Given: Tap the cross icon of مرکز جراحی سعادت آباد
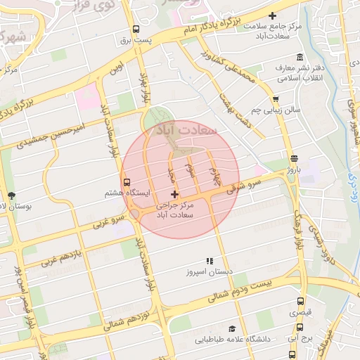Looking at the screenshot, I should tap(175, 193).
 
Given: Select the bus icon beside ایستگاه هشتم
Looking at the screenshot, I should tap(126, 181).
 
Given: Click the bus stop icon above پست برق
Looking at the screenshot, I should tap(136, 30).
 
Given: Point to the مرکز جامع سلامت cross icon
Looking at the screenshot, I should tap(273, 15).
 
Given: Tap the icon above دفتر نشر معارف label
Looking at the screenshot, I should tap(300, 57).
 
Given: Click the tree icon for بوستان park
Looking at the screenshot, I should tap(11, 195).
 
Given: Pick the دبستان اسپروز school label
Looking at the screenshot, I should tap(209, 271).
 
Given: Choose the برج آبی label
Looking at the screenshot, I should tap(300, 338).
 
